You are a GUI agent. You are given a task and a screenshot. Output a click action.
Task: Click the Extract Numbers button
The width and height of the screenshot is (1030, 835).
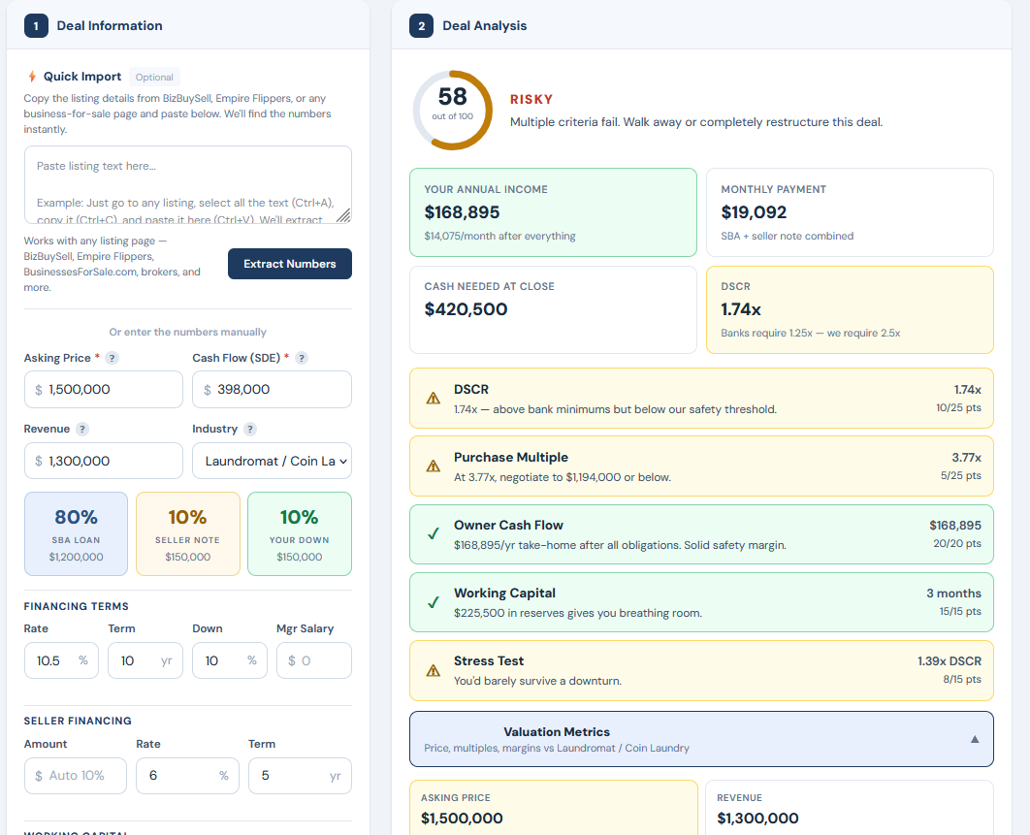pyautogui.click(x=289, y=264)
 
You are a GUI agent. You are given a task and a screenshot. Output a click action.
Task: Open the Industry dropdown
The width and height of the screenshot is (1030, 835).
pyautogui.click(x=272, y=461)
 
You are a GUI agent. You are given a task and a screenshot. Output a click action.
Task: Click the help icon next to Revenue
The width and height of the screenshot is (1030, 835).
pyautogui.click(x=82, y=429)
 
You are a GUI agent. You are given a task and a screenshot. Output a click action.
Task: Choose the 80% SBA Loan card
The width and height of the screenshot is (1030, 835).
pyautogui.click(x=76, y=533)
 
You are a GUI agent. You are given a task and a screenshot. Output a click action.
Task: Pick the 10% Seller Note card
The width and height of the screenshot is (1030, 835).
pyautogui.click(x=187, y=533)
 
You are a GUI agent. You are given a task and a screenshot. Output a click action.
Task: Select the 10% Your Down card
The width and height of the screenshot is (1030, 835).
pyautogui.click(x=299, y=533)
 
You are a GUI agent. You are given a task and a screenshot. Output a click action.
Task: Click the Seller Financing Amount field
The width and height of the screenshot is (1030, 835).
pyautogui.click(x=76, y=776)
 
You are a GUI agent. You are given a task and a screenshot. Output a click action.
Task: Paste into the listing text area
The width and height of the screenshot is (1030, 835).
pyautogui.click(x=187, y=184)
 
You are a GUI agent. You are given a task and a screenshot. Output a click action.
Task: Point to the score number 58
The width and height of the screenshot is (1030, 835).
pyautogui.click(x=452, y=97)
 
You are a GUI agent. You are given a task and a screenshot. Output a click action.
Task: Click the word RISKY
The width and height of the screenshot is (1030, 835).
pyautogui.click(x=531, y=99)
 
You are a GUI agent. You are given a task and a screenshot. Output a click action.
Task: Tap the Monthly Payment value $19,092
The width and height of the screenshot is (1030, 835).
pyautogui.click(x=754, y=212)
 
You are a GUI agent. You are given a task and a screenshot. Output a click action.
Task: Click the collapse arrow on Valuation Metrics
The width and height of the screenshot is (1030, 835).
pyautogui.click(x=975, y=739)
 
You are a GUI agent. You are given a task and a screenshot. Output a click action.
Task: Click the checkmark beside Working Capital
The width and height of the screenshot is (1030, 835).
pyautogui.click(x=433, y=602)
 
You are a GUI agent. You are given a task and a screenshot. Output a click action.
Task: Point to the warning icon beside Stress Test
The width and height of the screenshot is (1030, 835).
pyautogui.click(x=433, y=670)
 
